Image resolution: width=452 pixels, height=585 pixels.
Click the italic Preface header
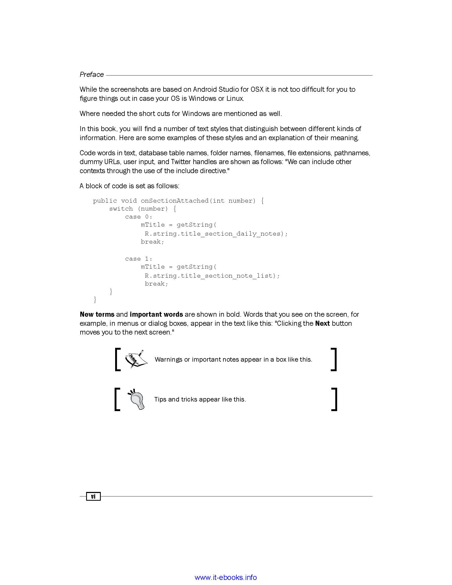(x=91, y=74)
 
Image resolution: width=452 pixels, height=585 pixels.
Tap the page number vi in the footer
(x=93, y=496)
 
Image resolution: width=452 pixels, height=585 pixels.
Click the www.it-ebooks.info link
(x=226, y=577)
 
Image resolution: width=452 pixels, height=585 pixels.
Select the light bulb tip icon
(x=137, y=399)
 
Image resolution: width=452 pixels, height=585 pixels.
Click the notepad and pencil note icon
(x=136, y=359)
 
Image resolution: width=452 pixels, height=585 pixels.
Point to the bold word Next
(x=323, y=323)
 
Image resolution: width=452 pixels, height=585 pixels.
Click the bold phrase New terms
(x=97, y=314)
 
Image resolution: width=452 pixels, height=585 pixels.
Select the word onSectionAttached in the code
(x=175, y=200)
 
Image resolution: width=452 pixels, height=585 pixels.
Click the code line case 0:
(x=139, y=217)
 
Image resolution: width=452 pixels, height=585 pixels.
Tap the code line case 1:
(x=139, y=259)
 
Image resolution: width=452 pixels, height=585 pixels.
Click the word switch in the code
(x=121, y=209)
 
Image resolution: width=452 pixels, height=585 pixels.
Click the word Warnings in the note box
(x=168, y=360)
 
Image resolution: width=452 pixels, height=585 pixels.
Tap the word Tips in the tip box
(x=160, y=399)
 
